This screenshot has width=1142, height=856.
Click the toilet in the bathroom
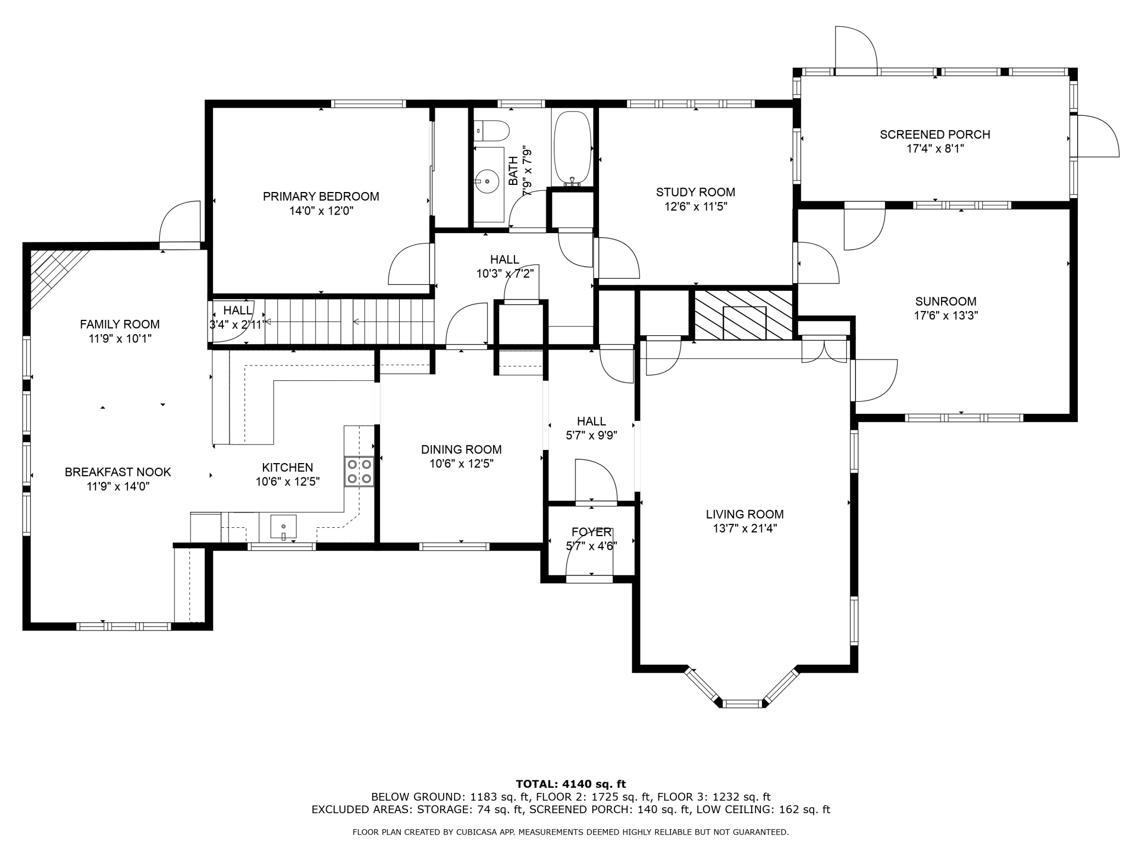(492, 131)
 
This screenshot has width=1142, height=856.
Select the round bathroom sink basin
(487, 181)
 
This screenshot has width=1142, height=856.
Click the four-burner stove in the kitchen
(359, 471)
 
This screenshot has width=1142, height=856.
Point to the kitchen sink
(283, 527)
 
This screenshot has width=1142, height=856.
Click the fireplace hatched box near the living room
(744, 314)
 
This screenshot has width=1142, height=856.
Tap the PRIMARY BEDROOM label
(321, 196)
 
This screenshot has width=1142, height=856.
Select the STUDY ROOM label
(696, 192)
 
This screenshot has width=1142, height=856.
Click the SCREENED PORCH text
(935, 134)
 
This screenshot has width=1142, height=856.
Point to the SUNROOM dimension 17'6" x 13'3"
(945, 316)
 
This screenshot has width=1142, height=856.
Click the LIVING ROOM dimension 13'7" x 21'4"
(744, 528)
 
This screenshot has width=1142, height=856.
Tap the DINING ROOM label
(461, 449)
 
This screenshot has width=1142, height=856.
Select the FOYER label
(591, 532)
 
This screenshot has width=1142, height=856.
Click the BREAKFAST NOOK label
(118, 472)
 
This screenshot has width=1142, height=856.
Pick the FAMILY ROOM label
(120, 324)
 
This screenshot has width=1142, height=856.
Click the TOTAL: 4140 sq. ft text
(571, 784)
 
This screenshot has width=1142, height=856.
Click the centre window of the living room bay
(743, 703)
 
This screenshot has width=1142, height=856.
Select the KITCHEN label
(288, 468)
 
